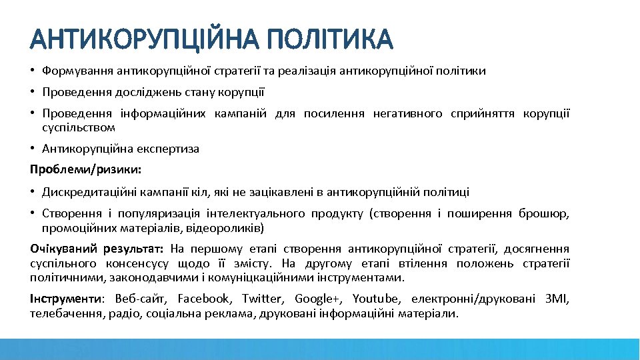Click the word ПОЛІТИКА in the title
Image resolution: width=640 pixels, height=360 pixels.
click(329, 39)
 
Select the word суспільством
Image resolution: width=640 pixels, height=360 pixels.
click(79, 127)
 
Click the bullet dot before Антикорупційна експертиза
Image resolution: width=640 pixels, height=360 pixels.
click(33, 149)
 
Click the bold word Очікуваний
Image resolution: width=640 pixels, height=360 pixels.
click(63, 249)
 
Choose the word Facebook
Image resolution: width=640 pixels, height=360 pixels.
click(204, 299)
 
